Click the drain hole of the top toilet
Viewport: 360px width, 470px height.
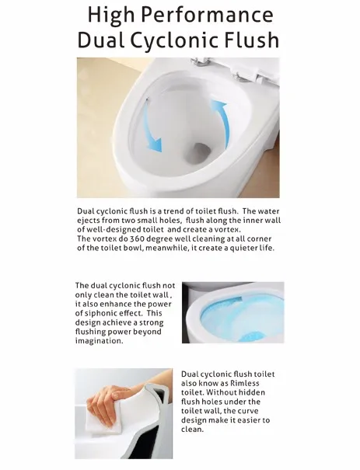point(200,153)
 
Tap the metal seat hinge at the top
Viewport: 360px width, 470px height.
point(200,61)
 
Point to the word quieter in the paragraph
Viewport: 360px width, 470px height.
point(243,248)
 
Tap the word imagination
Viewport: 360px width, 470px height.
point(100,341)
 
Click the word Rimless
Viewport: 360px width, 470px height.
point(244,383)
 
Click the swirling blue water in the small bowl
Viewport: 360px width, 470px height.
point(237,318)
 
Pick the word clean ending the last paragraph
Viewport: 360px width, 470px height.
point(192,430)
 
